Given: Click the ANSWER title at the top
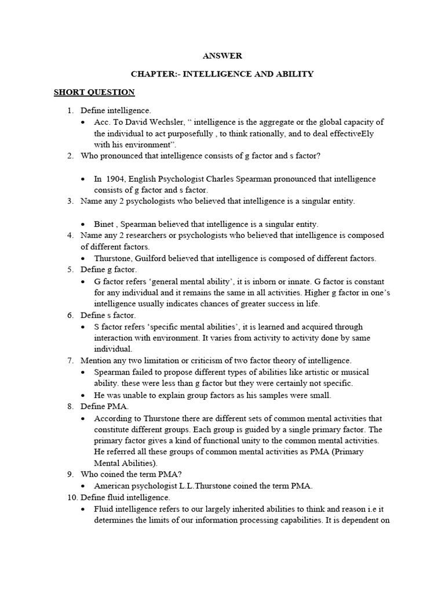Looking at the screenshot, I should (222, 56).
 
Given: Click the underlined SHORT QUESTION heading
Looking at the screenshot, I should (94, 92).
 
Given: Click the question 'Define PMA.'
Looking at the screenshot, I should (104, 406).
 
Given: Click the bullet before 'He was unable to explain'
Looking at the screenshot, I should (85, 395).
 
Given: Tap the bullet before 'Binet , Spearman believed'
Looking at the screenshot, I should (85, 224).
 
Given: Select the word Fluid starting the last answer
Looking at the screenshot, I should (105, 508).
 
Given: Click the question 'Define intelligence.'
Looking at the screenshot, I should (116, 110).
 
